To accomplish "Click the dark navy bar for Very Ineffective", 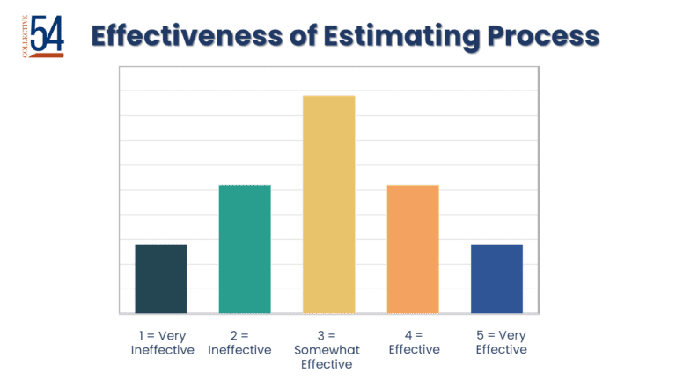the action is click(x=161, y=279).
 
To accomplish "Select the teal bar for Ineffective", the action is click(x=245, y=249).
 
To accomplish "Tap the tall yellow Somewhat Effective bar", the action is click(x=329, y=204).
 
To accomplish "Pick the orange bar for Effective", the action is click(x=413, y=249).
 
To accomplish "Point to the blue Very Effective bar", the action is click(x=496, y=279).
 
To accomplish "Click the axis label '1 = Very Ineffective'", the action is click(x=163, y=342).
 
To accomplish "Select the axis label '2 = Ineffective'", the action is click(x=239, y=342).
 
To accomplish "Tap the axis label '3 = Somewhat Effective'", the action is click(x=327, y=349).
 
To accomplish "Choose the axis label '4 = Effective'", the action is click(x=415, y=342).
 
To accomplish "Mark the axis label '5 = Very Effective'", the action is click(x=502, y=342).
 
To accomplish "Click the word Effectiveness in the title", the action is click(x=187, y=35).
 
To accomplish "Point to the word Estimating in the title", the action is click(x=401, y=37).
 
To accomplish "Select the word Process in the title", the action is click(x=543, y=36).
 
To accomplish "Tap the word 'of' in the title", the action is click(x=303, y=35).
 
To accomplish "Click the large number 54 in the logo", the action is click(x=48, y=33).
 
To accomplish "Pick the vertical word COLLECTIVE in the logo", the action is click(x=25, y=36).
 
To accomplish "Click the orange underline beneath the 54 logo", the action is click(x=47, y=55).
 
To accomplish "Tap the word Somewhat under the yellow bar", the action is click(x=327, y=350).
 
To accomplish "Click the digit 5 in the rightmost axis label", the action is click(x=480, y=335).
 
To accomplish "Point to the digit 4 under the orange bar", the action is click(x=408, y=335).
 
